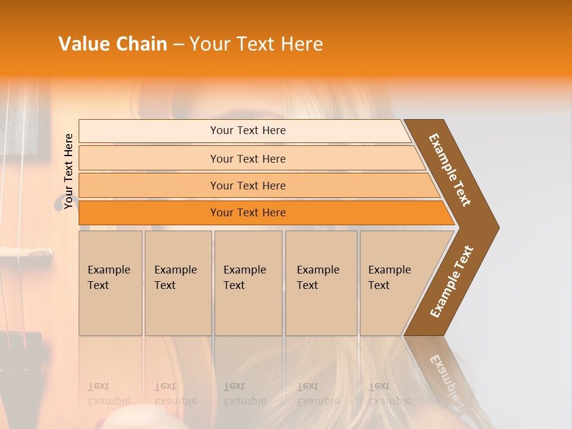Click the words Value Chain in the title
pyautogui.click(x=113, y=44)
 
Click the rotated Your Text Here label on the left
pyautogui.click(x=69, y=172)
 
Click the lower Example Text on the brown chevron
pyautogui.click(x=452, y=281)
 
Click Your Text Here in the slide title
pyautogui.click(x=256, y=44)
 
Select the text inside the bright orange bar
pyautogui.click(x=248, y=213)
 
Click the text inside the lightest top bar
pyautogui.click(x=248, y=130)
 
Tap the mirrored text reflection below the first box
pyautogui.click(x=109, y=394)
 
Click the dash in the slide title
pyautogui.click(x=178, y=45)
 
